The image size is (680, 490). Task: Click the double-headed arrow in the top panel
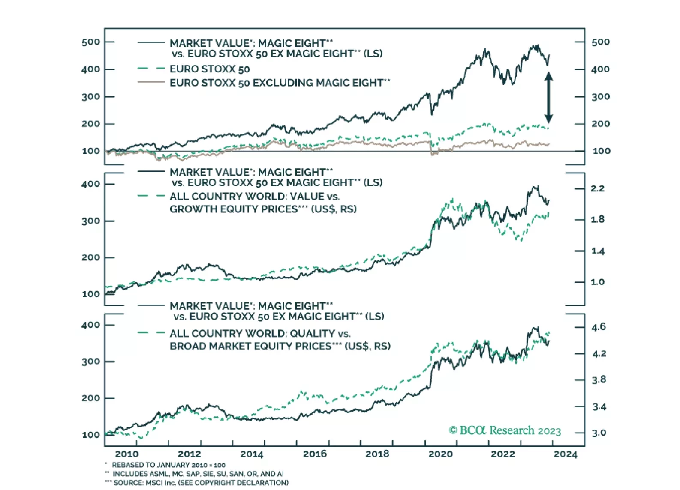[548, 97]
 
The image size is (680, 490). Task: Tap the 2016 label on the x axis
[315, 454]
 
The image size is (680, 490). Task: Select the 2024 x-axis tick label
[566, 454]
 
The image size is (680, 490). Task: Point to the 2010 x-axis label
[127, 454]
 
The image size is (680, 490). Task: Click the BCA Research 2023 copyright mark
[505, 430]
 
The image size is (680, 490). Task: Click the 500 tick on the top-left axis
[90, 42]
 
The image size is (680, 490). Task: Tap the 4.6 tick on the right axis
[599, 327]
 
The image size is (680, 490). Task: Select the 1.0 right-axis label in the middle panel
[597, 282]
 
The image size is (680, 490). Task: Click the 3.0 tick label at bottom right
[599, 433]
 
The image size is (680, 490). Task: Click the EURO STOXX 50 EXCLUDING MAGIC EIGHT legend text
[280, 83]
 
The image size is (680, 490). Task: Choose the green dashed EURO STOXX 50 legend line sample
[151, 69]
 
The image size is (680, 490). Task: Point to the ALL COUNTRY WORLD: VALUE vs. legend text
[254, 197]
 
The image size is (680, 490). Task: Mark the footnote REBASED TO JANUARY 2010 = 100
[168, 465]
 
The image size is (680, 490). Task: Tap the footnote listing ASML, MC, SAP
[198, 474]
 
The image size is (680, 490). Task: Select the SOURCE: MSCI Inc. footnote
[200, 483]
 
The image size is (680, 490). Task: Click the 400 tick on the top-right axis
[600, 69]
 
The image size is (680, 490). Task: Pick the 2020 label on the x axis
[440, 454]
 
